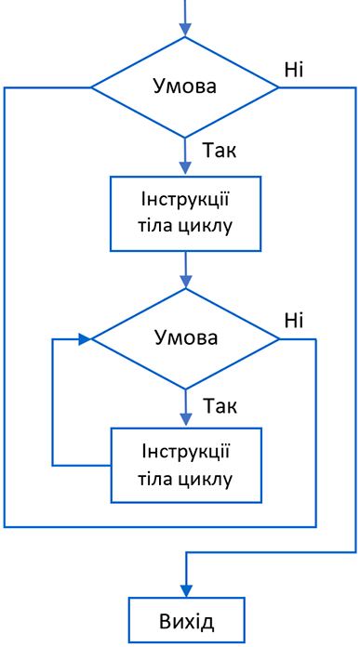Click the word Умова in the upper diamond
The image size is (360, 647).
[184, 87]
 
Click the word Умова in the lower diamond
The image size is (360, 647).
[184, 338]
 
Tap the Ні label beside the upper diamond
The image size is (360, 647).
[294, 69]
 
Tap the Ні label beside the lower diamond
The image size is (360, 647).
[294, 321]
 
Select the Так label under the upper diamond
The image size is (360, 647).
[220, 152]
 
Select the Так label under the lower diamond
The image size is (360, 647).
[220, 406]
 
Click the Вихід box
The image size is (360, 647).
[186, 620]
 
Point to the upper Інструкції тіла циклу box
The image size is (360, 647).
[185, 214]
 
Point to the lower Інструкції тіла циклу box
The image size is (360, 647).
[185, 465]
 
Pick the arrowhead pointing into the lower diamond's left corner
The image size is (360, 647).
[85, 339]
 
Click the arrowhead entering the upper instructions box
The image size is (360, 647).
[185, 170]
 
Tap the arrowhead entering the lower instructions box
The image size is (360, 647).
[185, 421]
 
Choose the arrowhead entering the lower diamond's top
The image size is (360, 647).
[185, 283]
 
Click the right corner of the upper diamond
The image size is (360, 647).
[279, 87]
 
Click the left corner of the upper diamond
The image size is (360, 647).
[90, 87]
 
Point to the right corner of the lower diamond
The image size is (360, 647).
[279, 339]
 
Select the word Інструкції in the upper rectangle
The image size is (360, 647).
[185, 202]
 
